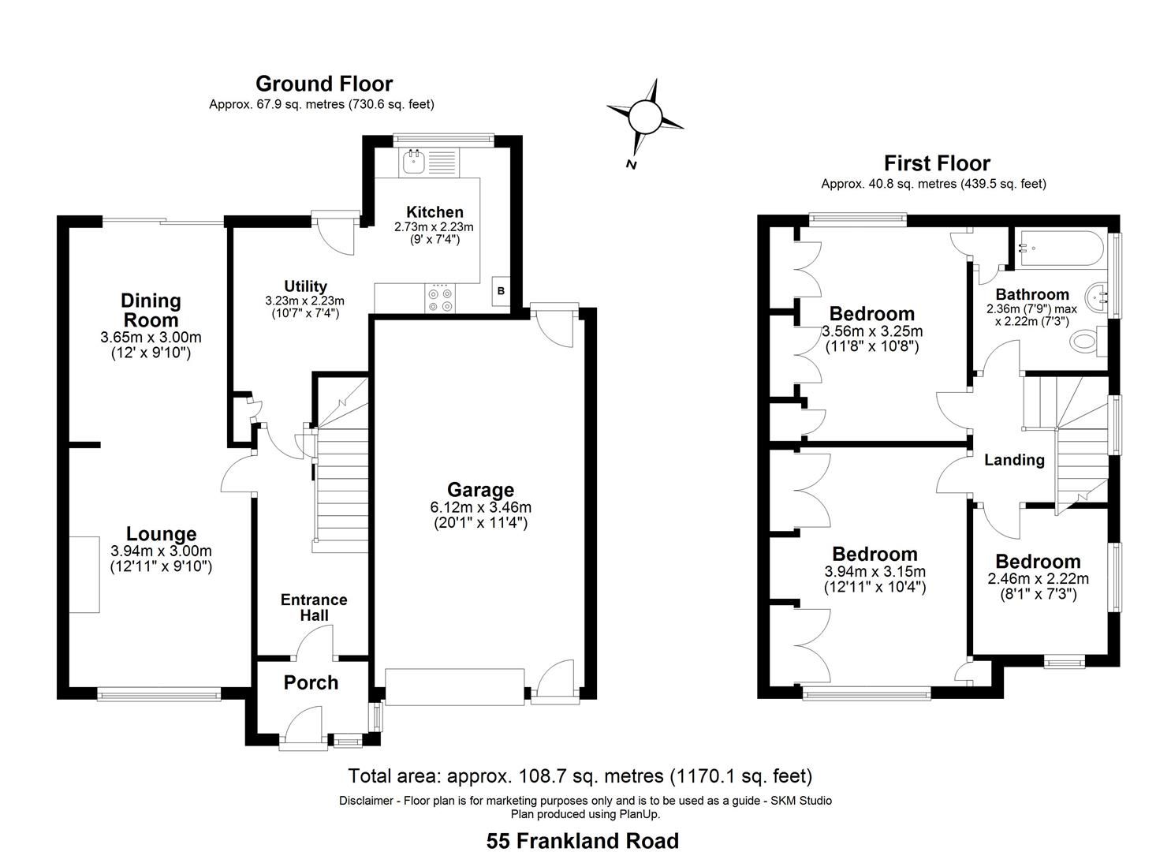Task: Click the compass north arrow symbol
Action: coord(645,119)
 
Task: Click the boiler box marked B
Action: coord(500,291)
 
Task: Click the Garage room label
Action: coord(480,490)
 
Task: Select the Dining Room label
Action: coord(151,310)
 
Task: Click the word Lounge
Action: coord(161,534)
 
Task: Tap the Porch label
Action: coord(311,682)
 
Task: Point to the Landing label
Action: coord(1014,460)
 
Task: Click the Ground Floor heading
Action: coord(323,84)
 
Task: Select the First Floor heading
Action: coord(936,163)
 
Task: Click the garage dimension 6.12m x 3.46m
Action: coord(480,507)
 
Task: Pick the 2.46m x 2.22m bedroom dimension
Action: coord(1038,578)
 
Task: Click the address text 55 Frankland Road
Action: coord(582,841)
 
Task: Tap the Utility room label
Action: coord(305,286)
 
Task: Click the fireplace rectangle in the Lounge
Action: coord(84,574)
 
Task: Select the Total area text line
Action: coord(580,776)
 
